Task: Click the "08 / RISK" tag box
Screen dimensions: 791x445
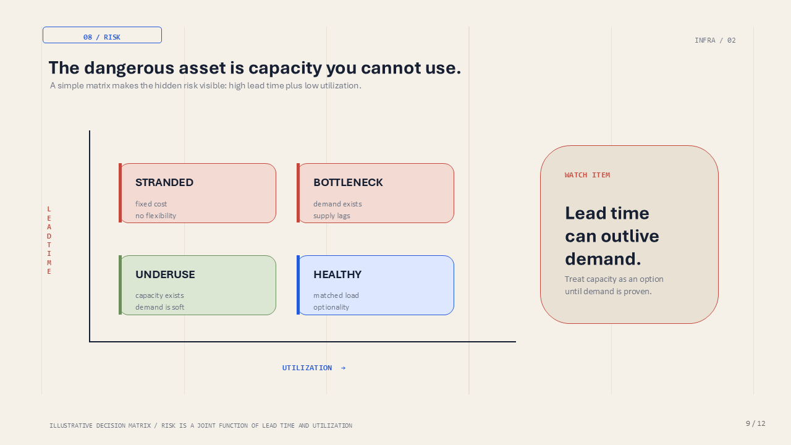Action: [102, 35]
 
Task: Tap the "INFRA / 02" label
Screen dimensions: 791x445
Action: [715, 40]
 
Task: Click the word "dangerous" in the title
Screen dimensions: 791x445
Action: [129, 68]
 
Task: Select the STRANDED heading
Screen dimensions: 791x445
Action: [164, 182]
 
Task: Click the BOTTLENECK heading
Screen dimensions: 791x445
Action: [348, 182]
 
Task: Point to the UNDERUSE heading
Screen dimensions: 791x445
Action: [165, 274]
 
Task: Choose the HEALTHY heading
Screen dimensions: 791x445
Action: [337, 274]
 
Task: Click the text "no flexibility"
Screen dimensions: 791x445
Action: [156, 216]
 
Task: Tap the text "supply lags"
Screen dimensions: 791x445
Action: [332, 216]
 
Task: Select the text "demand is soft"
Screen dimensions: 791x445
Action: [159, 307]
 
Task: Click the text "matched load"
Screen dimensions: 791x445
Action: [336, 295]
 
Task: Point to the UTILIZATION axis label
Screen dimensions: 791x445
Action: [307, 368]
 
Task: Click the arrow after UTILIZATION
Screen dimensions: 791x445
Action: [343, 368]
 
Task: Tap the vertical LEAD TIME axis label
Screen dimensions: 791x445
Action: [49, 240]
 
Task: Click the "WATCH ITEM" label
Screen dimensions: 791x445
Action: [587, 175]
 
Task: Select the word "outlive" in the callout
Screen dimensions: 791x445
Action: [630, 236]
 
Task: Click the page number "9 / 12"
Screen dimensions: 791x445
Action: [755, 423]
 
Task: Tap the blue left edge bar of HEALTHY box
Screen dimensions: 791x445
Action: [298, 285]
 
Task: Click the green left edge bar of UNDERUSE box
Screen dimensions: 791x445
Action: [120, 285]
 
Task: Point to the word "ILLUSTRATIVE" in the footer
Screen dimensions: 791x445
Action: [71, 426]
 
